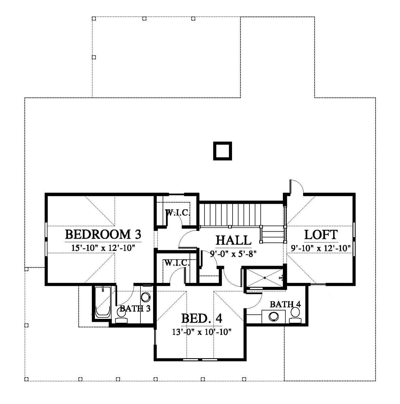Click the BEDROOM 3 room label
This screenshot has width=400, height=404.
pyautogui.click(x=103, y=234)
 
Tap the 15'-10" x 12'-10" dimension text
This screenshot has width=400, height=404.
pyautogui.click(x=103, y=248)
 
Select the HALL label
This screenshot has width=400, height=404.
pyautogui.click(x=233, y=240)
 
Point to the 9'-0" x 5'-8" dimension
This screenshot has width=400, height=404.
pyautogui.click(x=233, y=254)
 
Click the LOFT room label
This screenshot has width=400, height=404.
pyautogui.click(x=321, y=235)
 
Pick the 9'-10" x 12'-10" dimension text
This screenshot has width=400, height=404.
pyautogui.click(x=321, y=248)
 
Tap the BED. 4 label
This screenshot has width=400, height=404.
pyautogui.click(x=202, y=319)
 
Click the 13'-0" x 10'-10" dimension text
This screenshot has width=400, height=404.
pyautogui.click(x=202, y=332)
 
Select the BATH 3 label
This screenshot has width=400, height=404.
pyautogui.click(x=135, y=308)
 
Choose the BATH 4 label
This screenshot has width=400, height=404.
pyautogui.click(x=285, y=304)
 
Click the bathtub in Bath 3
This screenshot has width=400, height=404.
pyautogui.click(x=103, y=302)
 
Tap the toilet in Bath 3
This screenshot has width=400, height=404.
pyautogui.click(x=121, y=316)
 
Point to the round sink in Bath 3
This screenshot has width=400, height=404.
pyautogui.click(x=146, y=297)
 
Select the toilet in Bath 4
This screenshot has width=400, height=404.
pyautogui.click(x=295, y=315)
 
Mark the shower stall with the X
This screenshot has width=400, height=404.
pyautogui.click(x=265, y=278)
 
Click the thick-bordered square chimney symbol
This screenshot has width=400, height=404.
pyautogui.click(x=222, y=151)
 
